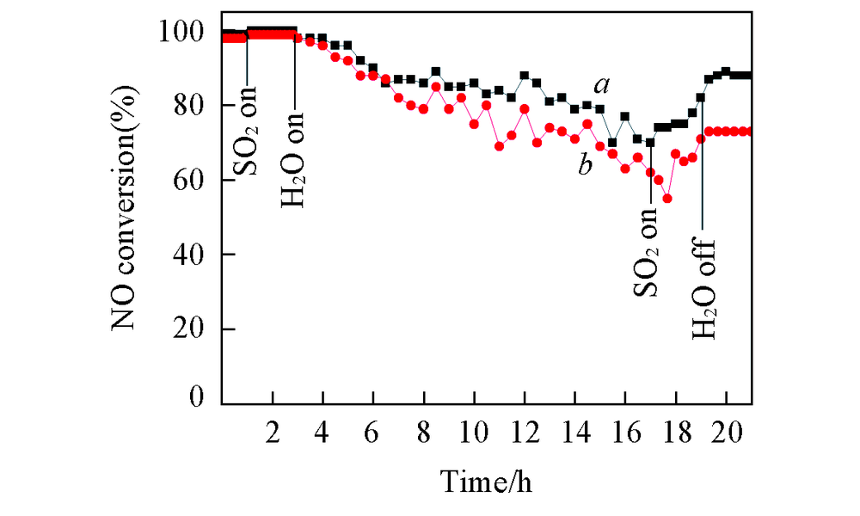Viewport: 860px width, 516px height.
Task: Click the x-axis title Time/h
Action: click(x=487, y=481)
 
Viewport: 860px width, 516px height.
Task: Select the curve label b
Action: click(x=586, y=165)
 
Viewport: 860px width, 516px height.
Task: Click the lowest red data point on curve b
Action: click(x=667, y=199)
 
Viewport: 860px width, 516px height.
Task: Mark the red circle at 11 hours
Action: click(x=499, y=146)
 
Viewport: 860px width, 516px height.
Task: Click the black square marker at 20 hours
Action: click(x=726, y=71)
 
